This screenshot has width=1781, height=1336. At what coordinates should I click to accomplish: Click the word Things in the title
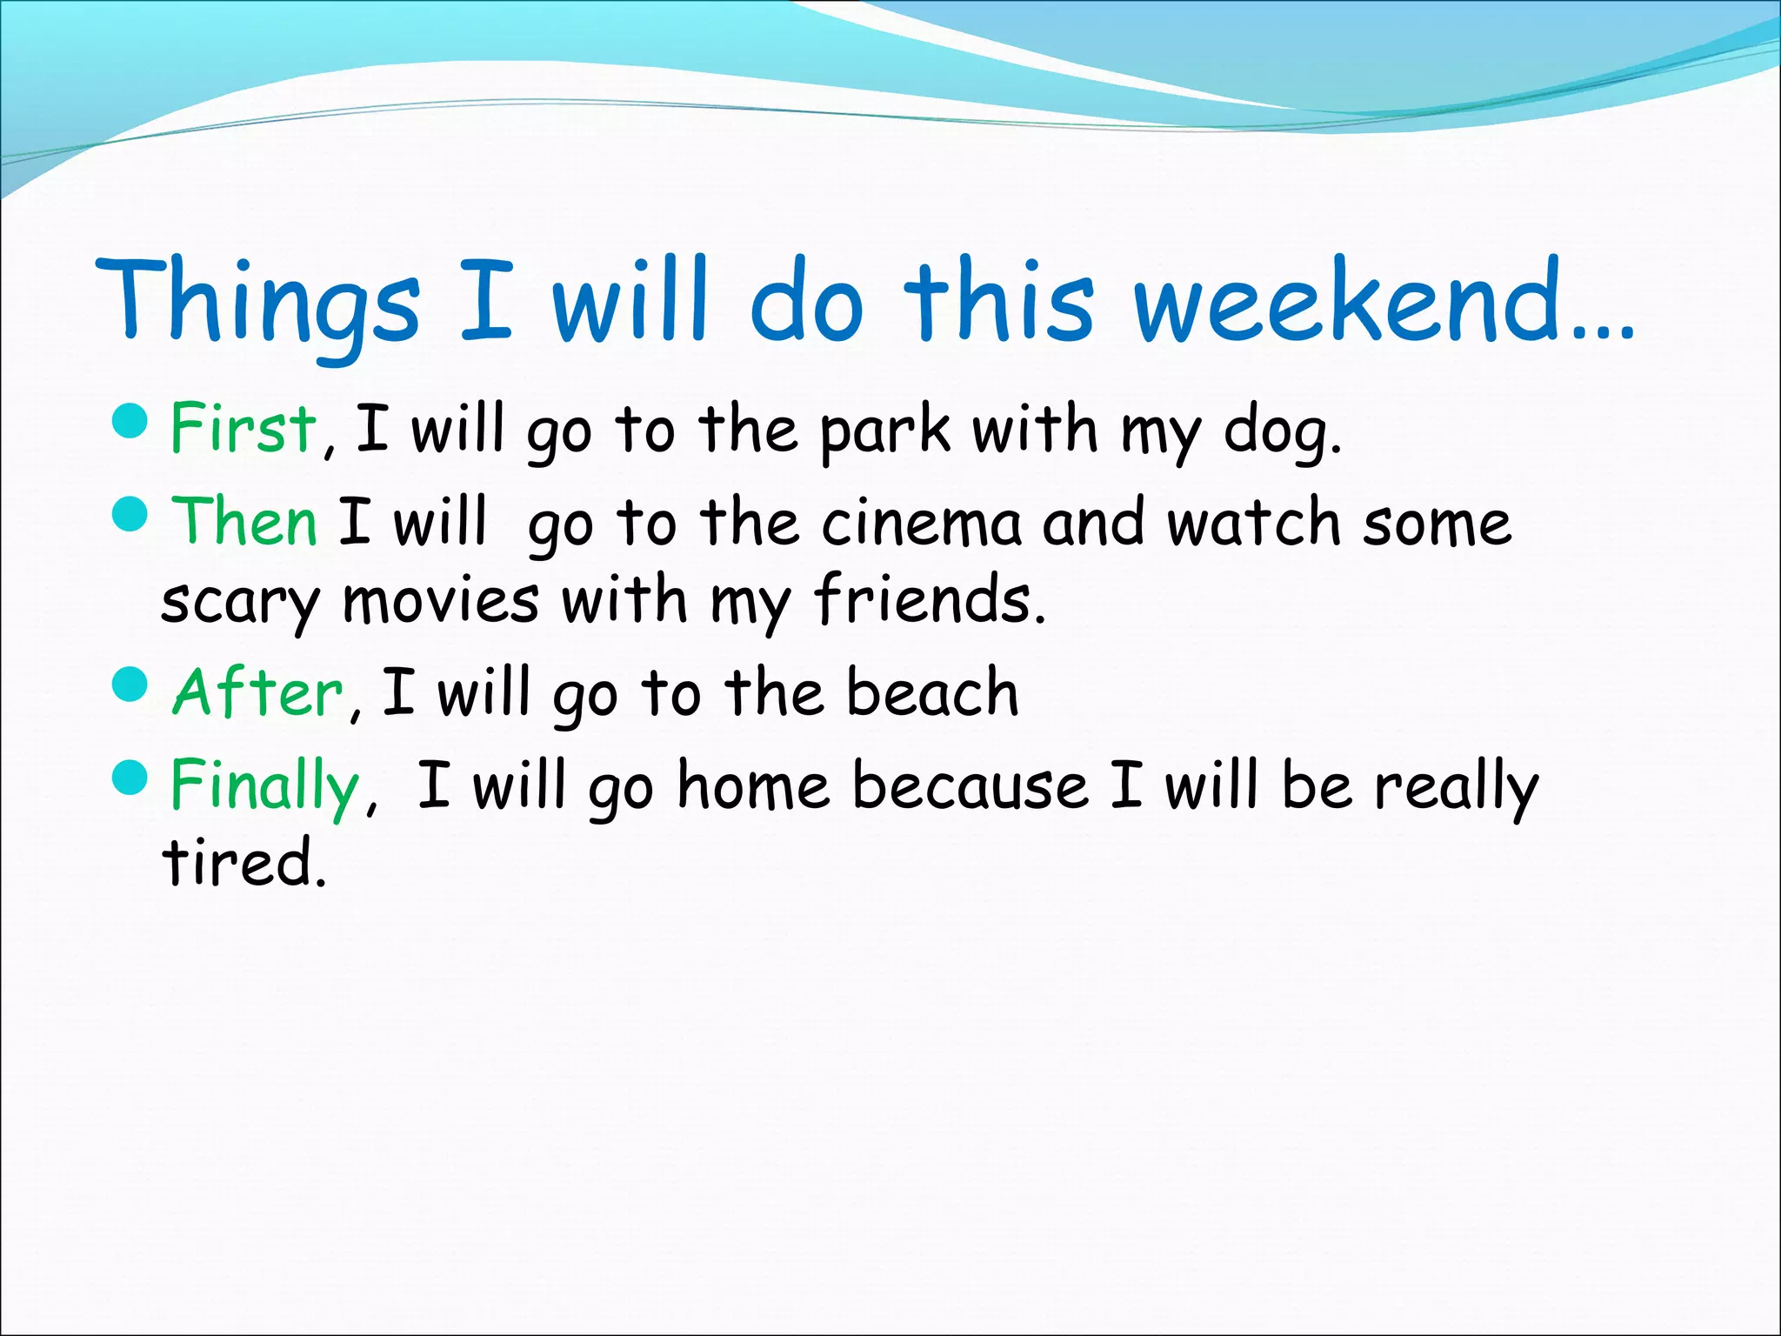(258, 300)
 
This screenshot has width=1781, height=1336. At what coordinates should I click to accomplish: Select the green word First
(243, 428)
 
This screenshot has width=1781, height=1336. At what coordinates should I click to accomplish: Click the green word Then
(245, 522)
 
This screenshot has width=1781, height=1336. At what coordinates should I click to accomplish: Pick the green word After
(258, 692)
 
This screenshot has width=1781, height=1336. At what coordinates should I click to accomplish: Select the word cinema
(921, 523)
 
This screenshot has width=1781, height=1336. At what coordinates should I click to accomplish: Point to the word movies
(441, 600)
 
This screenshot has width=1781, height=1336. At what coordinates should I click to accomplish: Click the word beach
(932, 692)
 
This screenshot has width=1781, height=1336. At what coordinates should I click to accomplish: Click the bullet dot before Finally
(131, 776)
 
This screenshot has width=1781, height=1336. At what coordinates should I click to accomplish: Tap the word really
(1456, 787)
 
